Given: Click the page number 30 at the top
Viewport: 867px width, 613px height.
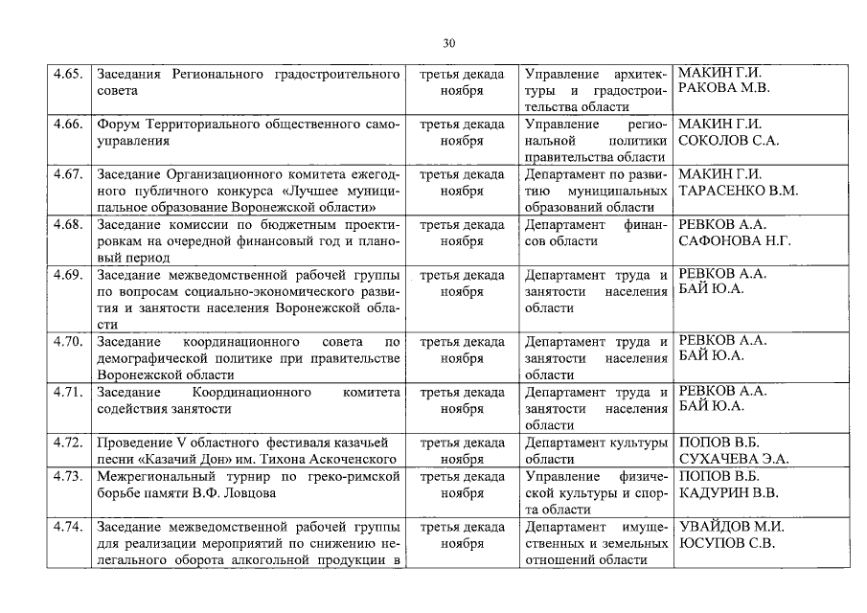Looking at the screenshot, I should pyautogui.click(x=449, y=43).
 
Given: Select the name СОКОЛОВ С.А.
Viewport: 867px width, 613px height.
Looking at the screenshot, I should pyautogui.click(x=729, y=140).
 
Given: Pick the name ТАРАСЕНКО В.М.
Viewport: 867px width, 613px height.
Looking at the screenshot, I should pyautogui.click(x=738, y=191).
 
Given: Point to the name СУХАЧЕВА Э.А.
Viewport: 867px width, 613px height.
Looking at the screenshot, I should pyautogui.click(x=734, y=459).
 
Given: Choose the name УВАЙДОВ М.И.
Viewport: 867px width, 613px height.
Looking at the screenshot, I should pyautogui.click(x=731, y=527).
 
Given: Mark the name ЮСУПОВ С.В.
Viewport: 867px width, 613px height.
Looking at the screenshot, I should pyautogui.click(x=727, y=543).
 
